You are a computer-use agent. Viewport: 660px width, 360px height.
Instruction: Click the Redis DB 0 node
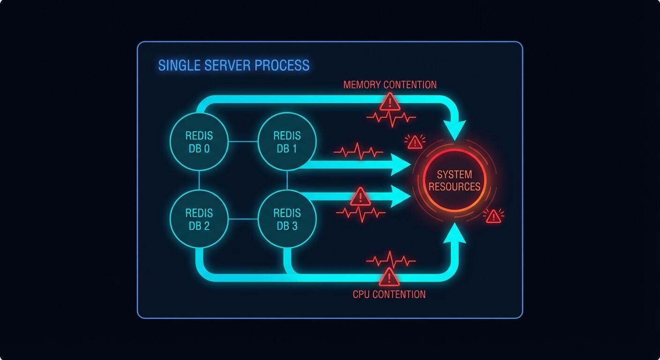199,142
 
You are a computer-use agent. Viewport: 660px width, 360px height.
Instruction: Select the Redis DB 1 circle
287,142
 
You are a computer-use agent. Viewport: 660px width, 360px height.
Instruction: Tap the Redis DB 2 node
199,219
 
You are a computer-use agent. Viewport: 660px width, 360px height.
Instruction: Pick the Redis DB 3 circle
287,219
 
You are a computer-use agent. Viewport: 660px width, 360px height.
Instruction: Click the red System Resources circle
454,180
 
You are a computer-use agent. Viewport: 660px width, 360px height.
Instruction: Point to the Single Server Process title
233,65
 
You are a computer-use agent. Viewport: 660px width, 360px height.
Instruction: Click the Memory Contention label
390,85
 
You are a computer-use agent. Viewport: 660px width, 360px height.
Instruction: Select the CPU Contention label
389,294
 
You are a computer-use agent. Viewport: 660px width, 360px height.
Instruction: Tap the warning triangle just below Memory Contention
390,102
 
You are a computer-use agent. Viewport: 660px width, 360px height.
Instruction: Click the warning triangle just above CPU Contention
389,277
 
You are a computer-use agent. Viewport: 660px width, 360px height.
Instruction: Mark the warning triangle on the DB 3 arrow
360,196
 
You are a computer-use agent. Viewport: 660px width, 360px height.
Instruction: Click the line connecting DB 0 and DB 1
243,142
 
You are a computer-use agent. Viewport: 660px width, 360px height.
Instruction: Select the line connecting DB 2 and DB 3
243,219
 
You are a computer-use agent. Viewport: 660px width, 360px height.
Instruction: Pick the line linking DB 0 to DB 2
199,180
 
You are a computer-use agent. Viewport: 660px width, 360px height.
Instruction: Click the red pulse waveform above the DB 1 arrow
359,151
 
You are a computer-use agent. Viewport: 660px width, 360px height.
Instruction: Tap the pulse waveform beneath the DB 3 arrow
360,214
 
